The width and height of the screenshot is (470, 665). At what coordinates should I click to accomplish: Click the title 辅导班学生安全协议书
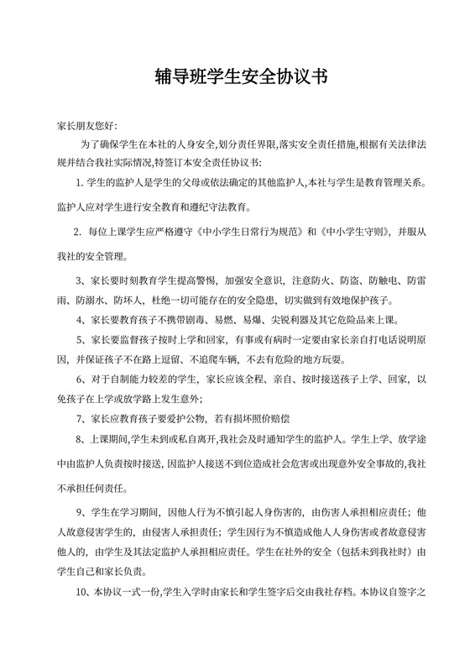[x=235, y=77]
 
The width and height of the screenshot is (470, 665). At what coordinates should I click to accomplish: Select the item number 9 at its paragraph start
[x=78, y=511]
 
